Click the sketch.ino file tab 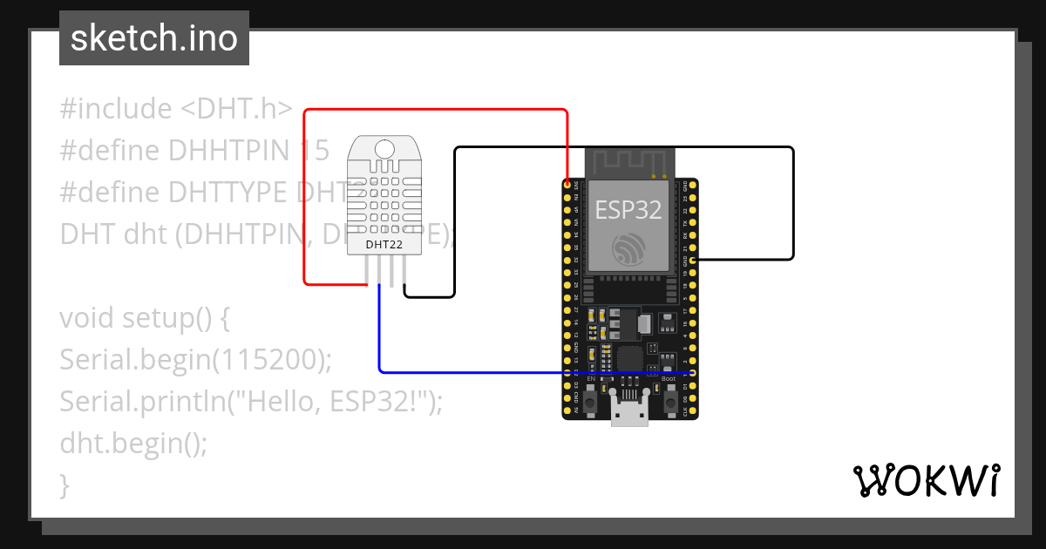tap(154, 38)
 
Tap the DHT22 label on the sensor tap(384, 245)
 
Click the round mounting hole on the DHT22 tap(384, 148)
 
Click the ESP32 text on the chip tap(628, 209)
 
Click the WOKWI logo tap(926, 480)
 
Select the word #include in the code tap(116, 109)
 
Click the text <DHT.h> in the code tap(236, 109)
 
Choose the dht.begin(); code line tap(133, 444)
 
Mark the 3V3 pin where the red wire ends tap(567, 185)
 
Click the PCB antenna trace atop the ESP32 tap(629, 162)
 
